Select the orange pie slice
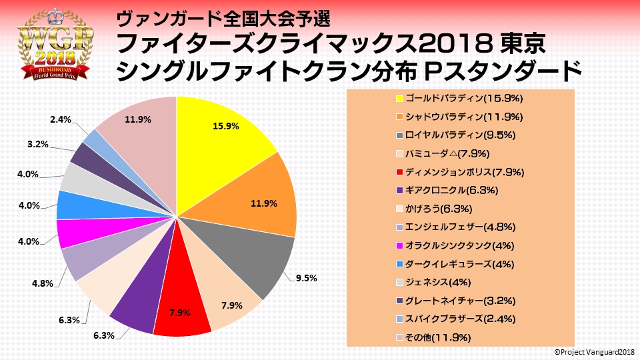[263, 193]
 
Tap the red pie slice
[182, 310]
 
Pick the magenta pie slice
[71, 233]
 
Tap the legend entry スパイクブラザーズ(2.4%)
[459, 320]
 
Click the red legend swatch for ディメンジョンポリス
[399, 173]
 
